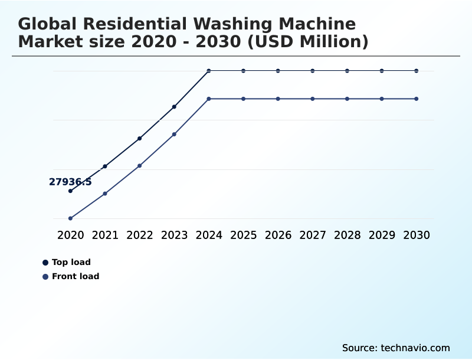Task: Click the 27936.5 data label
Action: point(70,182)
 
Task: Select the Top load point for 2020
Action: point(70,191)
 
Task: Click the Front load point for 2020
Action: point(70,218)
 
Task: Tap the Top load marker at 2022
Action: point(140,138)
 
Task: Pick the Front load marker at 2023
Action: point(174,134)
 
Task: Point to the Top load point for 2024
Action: point(209,71)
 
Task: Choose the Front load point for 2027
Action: point(313,99)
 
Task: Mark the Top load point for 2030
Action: point(417,71)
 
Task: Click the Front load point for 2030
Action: point(417,99)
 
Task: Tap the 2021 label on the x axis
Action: point(105,235)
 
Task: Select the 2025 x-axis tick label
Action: point(243,235)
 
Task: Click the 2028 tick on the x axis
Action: point(347,235)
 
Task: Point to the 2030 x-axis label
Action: point(417,235)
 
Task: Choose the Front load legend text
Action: point(76,276)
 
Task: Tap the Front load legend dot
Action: point(45,276)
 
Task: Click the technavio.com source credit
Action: point(415,348)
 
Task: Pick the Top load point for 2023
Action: point(174,107)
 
